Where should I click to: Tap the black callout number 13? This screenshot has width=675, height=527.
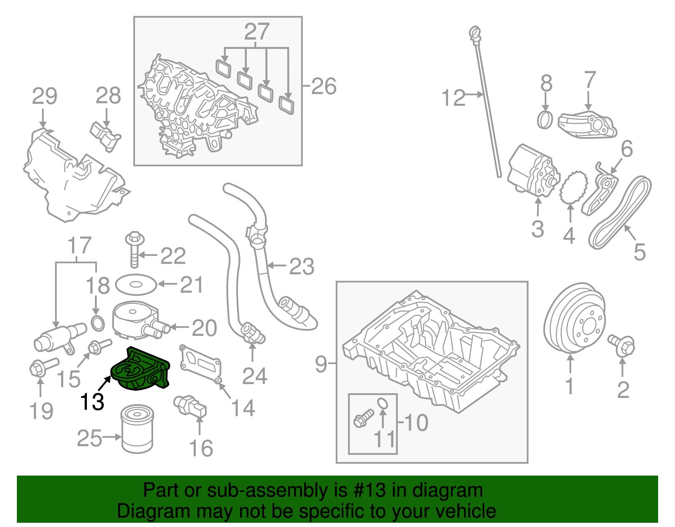pyautogui.click(x=92, y=402)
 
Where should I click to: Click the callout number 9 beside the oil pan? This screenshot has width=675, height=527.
pyautogui.click(x=321, y=363)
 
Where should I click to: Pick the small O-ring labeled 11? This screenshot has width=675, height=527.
pyautogui.click(x=382, y=403)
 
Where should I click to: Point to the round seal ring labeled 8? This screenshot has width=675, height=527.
pyautogui.click(x=545, y=119)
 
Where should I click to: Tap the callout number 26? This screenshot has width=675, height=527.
pyautogui.click(x=324, y=86)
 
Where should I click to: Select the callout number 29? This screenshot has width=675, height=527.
pyautogui.click(x=44, y=97)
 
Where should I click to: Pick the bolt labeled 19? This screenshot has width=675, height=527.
pyautogui.click(x=43, y=367)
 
